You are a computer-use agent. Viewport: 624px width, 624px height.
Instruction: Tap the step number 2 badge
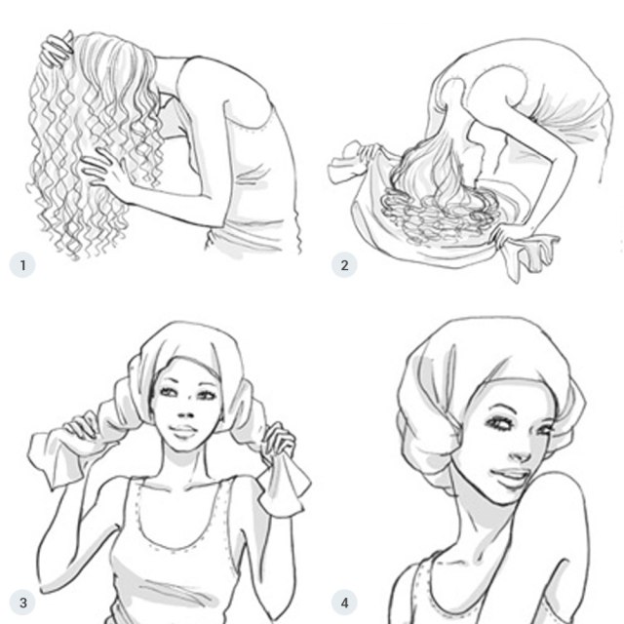[x=343, y=264]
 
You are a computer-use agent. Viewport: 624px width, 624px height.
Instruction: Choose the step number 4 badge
[x=343, y=601]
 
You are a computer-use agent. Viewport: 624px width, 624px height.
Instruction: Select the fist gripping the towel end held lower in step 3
[x=278, y=444]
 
